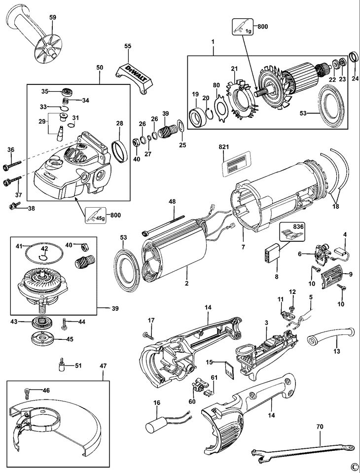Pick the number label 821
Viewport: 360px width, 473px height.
pyautogui.click(x=225, y=147)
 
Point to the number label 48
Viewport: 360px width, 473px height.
pyautogui.click(x=172, y=202)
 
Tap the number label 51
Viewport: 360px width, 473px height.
pyautogui.click(x=78, y=365)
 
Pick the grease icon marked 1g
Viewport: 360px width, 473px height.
pyautogui.click(x=242, y=27)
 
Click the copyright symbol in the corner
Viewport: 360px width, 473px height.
pyautogui.click(x=353, y=467)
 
